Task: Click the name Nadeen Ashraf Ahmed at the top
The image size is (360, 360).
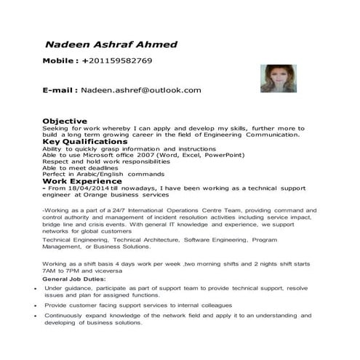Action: (111, 44)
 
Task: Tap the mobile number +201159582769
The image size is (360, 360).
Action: (117, 61)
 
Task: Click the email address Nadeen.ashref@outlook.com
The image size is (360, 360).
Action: (140, 90)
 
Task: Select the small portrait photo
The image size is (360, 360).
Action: (276, 79)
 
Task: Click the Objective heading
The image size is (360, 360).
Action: (65, 120)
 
